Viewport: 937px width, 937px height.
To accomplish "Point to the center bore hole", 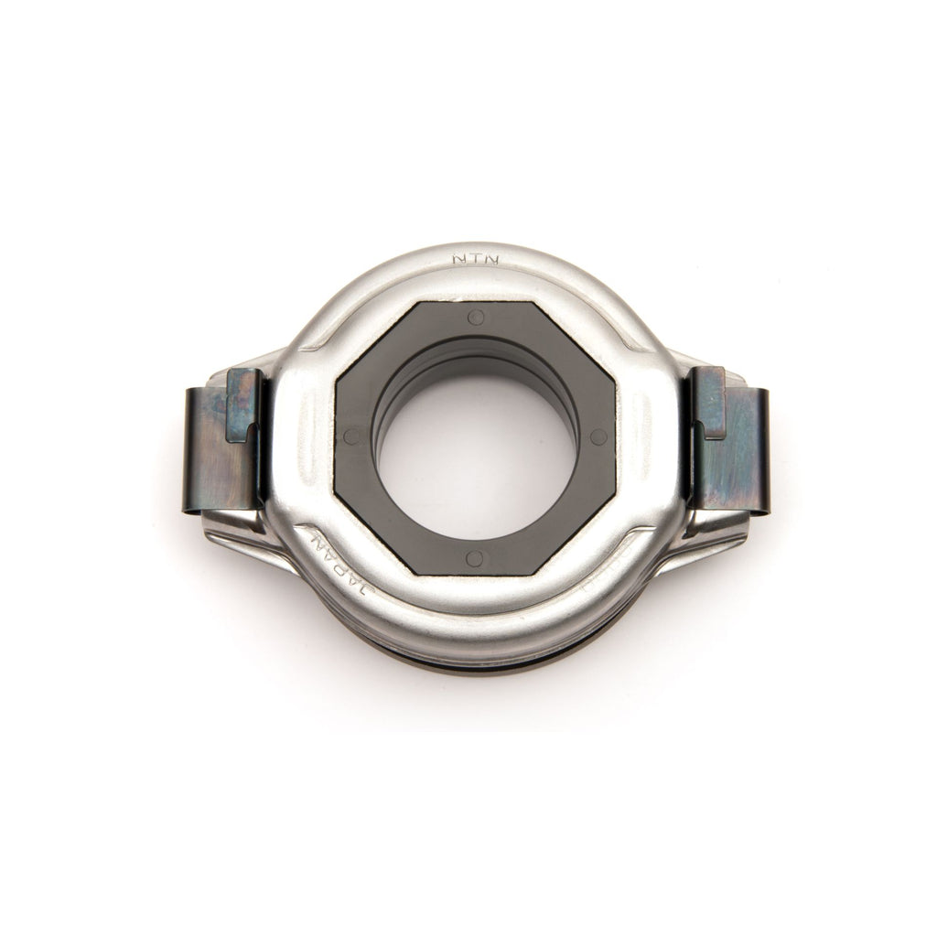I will [x=476, y=458].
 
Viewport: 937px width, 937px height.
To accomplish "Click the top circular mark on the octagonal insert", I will [x=476, y=318].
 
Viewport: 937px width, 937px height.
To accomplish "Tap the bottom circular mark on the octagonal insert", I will [x=474, y=557].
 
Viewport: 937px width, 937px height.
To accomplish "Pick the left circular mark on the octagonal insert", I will [x=351, y=437].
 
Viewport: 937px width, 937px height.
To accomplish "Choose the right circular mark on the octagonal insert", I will [x=598, y=436].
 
